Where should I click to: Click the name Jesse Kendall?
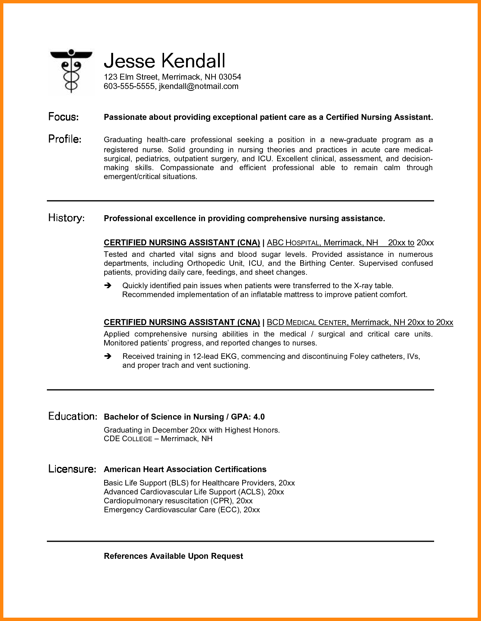coord(164,61)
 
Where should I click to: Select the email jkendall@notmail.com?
coord(199,86)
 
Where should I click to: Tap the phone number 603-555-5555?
coord(129,86)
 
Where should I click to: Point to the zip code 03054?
coord(230,77)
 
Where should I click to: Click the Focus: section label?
coord(64,117)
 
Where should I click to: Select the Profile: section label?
coord(65,139)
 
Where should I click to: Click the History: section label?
coord(66,218)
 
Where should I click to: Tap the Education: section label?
coord(73,416)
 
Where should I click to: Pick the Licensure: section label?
coord(72,469)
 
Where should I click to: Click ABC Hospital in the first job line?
coord(294,243)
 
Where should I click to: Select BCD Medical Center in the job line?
coord(307,322)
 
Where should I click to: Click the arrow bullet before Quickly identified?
coord(108,286)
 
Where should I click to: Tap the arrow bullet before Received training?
coord(108,356)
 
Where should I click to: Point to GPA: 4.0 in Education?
coord(248,417)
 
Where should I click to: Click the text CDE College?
coord(128,439)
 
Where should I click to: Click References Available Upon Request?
coord(173,556)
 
